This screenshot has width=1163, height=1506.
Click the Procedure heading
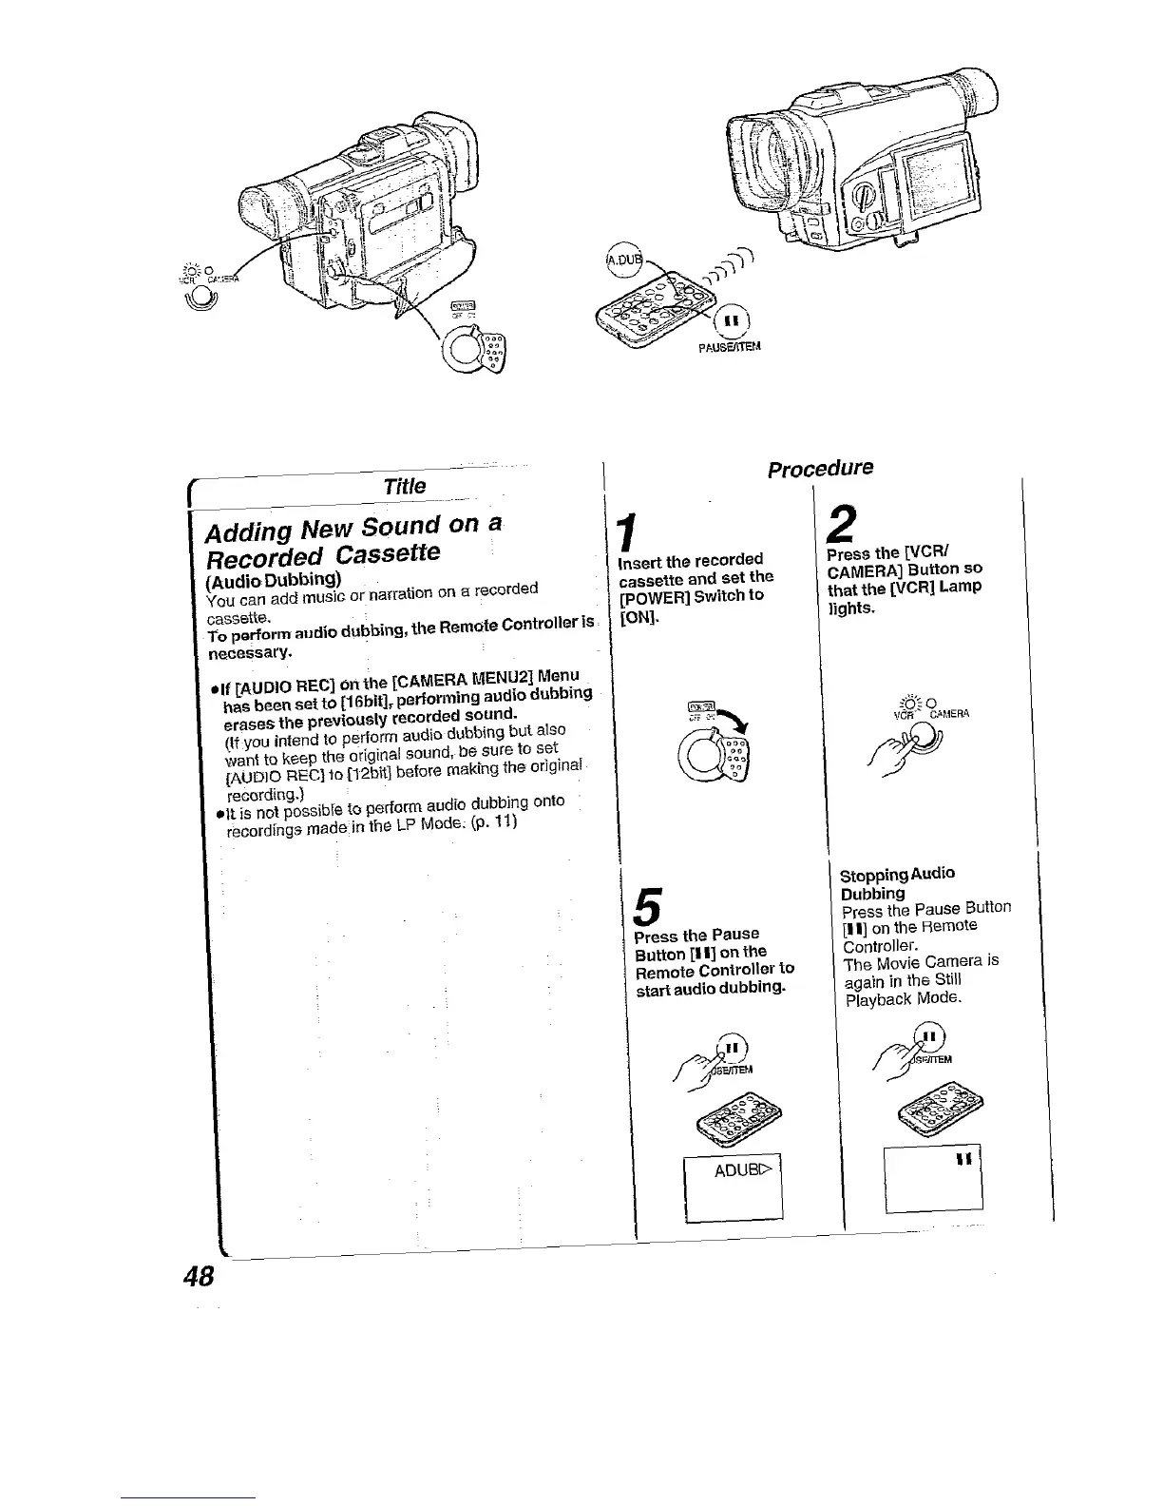point(821,468)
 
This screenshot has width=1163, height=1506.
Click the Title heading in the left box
point(404,486)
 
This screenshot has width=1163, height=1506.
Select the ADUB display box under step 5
point(734,1187)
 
